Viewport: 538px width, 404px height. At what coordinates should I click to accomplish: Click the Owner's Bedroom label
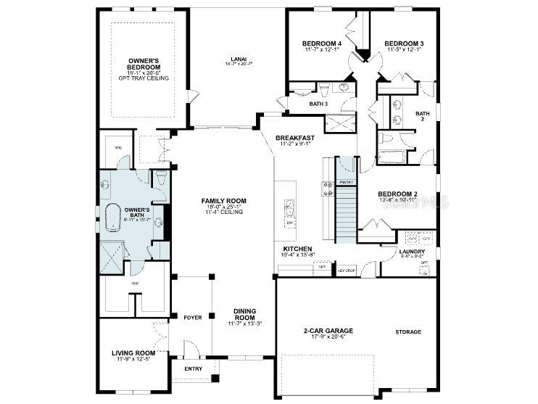(142, 64)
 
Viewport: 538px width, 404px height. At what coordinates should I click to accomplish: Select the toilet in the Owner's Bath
(160, 178)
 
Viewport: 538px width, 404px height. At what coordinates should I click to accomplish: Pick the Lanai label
(239, 59)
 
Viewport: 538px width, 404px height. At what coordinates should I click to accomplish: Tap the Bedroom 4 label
(321, 44)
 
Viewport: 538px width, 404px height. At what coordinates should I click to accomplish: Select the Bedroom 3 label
(404, 44)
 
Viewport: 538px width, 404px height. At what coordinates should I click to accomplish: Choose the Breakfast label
(295, 138)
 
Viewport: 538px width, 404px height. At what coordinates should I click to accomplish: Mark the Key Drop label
(345, 269)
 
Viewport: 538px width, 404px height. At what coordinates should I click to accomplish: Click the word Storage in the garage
(407, 331)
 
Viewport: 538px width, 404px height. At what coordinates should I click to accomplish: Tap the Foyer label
(192, 317)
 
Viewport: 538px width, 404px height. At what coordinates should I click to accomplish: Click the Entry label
(194, 368)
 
